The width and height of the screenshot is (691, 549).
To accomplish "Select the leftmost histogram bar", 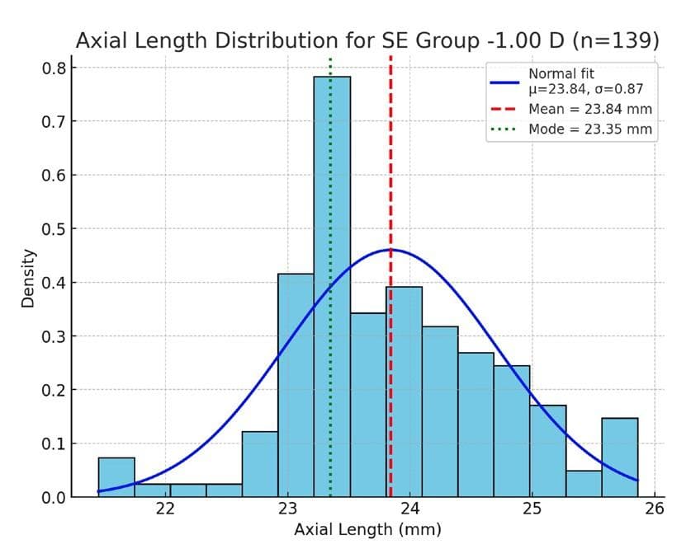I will pos(116,477).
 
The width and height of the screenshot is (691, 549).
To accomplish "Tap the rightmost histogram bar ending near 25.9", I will pos(619,457).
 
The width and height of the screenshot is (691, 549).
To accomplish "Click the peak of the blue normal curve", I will pos(390,249).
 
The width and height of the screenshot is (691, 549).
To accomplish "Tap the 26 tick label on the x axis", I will pos(654,509).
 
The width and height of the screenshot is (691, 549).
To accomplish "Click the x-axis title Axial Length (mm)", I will pos(367,529).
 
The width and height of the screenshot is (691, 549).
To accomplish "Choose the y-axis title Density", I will pos(28,278).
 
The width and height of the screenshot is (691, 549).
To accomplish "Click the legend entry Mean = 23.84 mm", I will pos(589,109).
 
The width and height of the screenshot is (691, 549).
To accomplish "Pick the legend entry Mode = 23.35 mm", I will pos(589,129).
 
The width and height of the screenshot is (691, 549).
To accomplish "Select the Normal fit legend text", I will pos(561,73).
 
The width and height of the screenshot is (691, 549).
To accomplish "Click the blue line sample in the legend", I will pos(504,82).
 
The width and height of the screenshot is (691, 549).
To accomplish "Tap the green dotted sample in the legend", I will pos(504,129).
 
